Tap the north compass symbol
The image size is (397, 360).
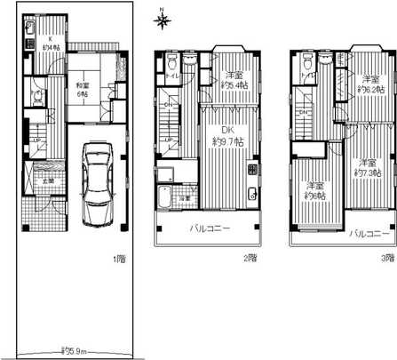pos(163,18)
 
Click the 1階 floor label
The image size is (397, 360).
pos(118,259)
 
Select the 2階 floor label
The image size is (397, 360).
pos(251,259)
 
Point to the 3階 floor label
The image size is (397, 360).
pos(386,259)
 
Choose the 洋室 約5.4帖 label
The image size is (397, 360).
pos(233,81)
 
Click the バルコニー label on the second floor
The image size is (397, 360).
pos(210,228)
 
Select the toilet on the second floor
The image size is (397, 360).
pos(168,60)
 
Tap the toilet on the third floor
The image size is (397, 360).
pos(306,61)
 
